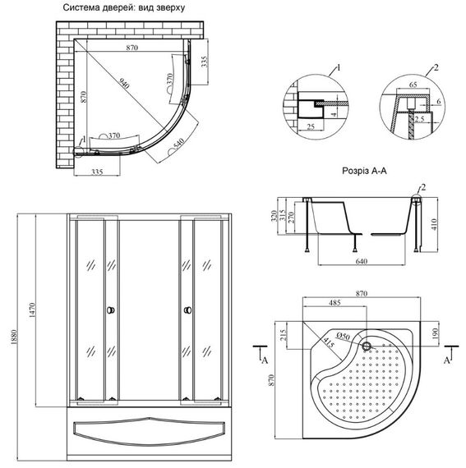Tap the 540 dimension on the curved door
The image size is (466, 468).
click(178, 145)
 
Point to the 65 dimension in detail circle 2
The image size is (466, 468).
click(413, 84)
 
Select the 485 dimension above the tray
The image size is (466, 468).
click(336, 303)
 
